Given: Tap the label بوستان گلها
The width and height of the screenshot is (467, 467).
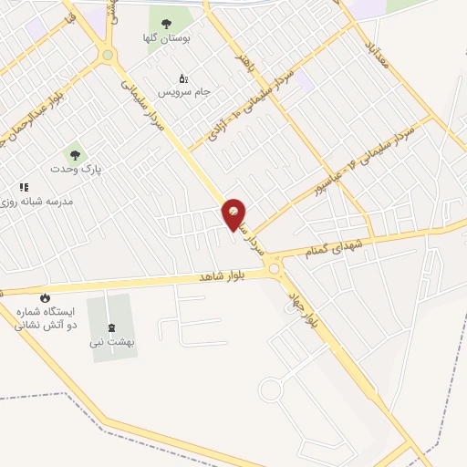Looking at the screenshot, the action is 166,38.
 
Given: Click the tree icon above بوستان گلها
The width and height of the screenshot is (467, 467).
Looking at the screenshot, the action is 166,24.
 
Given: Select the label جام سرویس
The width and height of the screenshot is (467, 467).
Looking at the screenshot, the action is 184,92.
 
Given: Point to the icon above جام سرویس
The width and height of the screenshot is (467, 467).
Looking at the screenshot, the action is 183,78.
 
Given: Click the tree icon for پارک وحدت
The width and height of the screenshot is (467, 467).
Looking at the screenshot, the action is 75,155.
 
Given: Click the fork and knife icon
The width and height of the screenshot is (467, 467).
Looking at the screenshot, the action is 24,187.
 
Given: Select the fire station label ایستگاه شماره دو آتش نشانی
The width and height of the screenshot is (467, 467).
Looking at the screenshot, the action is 46,317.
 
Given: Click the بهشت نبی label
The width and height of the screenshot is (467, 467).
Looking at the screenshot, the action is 111,342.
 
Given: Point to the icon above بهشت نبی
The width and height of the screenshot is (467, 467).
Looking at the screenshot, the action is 111,327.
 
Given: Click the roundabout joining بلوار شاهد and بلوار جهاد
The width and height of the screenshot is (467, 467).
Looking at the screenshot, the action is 274,268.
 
